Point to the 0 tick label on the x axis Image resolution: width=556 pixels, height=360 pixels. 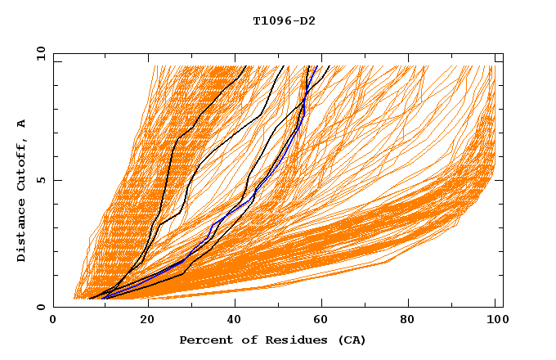click(x=54, y=321)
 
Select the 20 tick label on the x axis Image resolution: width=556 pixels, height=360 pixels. click(x=143, y=321)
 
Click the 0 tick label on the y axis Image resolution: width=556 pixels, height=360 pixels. click(x=41, y=308)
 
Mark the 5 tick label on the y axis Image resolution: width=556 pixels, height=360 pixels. click(x=41, y=180)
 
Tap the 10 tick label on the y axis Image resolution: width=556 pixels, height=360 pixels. click(x=38, y=53)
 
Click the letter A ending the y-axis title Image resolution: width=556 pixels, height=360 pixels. click(x=21, y=124)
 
